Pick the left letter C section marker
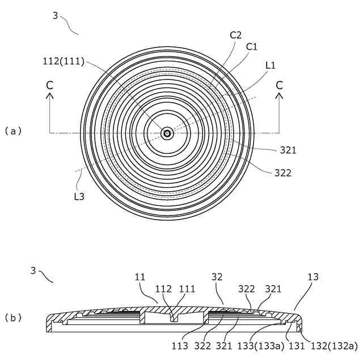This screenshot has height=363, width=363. point(50,85)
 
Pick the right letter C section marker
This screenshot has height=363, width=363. point(279,85)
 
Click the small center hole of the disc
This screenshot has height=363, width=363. point(167,133)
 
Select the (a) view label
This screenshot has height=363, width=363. point(12,130)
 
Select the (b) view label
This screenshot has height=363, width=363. point(12,318)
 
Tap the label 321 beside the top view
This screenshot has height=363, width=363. point(288,150)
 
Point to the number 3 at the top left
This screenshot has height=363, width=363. point(55,16)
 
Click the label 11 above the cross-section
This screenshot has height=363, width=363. point(140,277)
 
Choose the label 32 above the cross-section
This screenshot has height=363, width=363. point(217,277)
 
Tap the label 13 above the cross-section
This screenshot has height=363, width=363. point(313,277)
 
